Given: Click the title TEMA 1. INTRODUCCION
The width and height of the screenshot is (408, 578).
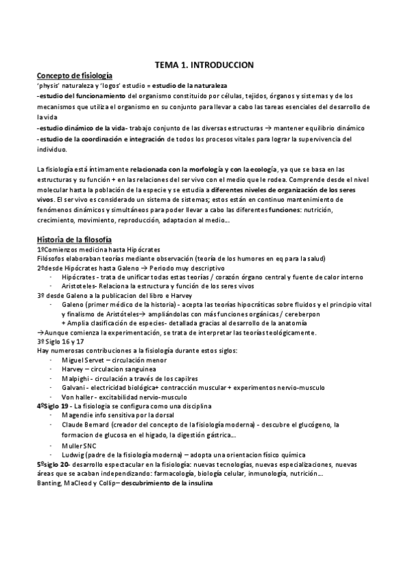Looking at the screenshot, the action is (x=204, y=64).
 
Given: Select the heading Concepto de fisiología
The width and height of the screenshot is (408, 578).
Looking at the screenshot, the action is (x=75, y=76).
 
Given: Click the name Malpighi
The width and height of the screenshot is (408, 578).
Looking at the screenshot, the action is (x=74, y=378).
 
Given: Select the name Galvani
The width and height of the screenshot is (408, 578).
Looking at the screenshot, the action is (x=73, y=387).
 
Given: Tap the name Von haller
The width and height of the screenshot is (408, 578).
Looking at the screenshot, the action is (x=76, y=397).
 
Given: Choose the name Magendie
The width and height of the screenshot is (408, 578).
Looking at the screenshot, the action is (x=78, y=414).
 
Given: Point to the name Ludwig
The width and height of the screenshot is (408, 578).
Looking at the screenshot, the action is (x=73, y=455).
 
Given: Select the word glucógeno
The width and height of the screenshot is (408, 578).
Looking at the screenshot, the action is (x=307, y=424).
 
